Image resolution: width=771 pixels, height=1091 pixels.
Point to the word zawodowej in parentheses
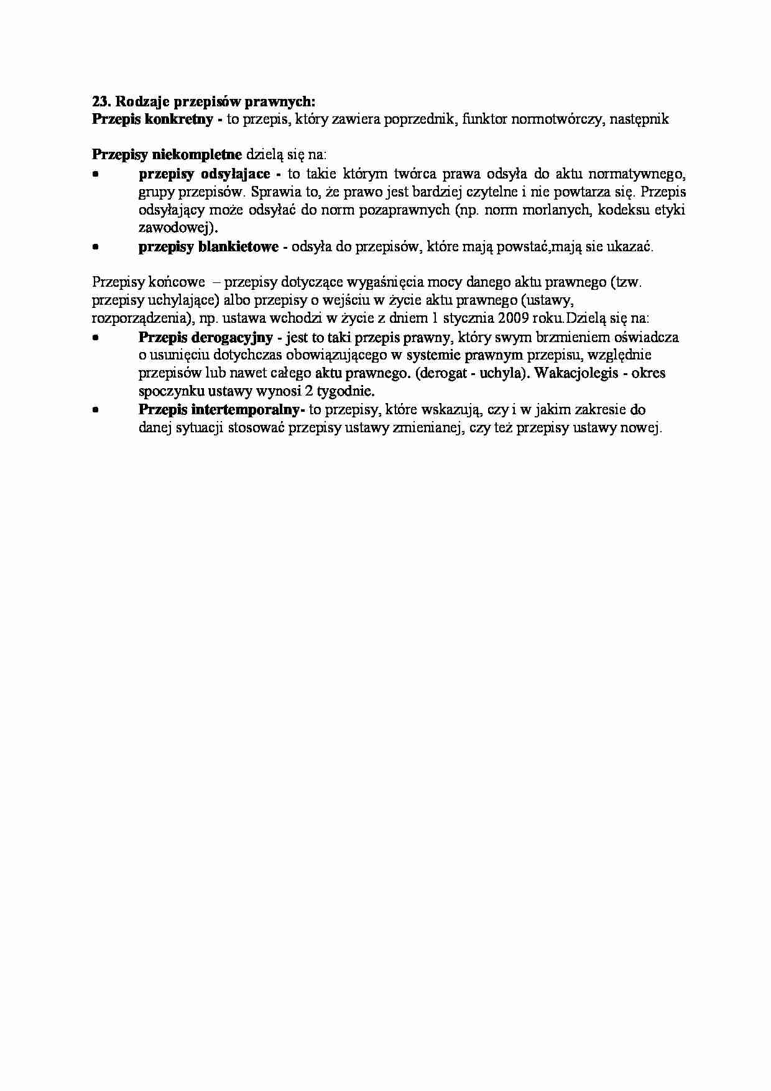click(x=177, y=228)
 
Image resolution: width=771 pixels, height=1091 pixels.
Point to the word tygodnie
click(x=348, y=392)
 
